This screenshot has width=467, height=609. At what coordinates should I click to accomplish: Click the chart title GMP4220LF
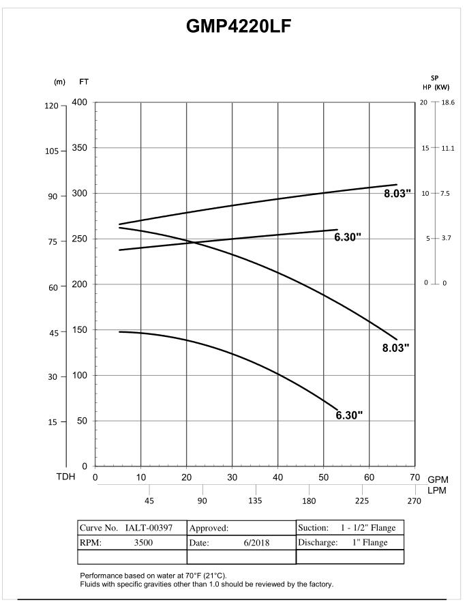point(239,27)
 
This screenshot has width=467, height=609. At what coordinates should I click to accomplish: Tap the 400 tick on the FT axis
point(80,102)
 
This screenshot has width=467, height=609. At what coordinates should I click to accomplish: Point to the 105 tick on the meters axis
point(51,151)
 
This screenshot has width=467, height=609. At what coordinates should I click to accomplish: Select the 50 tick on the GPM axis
point(323,478)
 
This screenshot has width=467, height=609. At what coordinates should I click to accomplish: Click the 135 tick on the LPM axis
point(256,501)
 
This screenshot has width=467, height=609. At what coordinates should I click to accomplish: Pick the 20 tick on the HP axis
point(423,102)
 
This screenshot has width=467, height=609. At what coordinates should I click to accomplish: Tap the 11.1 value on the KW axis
point(447,148)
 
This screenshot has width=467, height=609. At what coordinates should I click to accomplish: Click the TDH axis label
point(66,477)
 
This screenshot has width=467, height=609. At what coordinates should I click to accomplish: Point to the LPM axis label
point(437,491)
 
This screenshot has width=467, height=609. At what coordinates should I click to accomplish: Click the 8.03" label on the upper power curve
point(397,193)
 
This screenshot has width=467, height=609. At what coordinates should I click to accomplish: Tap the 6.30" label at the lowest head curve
point(349,415)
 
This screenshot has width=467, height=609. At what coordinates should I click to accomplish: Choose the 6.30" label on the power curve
point(348,237)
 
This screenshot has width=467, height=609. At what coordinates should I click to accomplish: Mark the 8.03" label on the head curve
point(395,348)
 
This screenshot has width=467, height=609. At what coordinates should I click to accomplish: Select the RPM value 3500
point(143,543)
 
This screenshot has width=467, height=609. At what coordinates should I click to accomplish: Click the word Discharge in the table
point(318,543)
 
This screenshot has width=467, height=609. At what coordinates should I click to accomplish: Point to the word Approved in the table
point(208,528)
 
